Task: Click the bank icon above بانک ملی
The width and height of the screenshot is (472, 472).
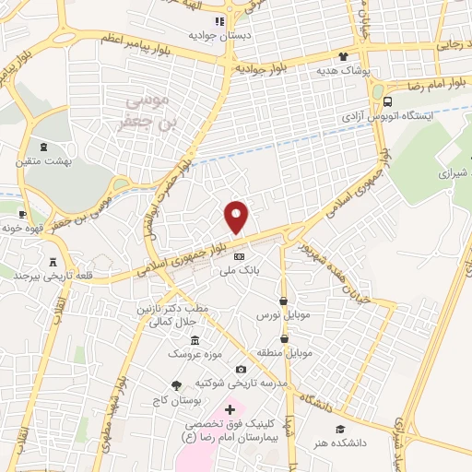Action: click(x=239, y=256)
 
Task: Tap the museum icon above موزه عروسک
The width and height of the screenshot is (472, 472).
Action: click(x=195, y=341)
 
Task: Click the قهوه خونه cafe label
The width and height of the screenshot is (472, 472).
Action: click(x=24, y=226)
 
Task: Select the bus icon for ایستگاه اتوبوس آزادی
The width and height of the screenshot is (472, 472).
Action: click(x=387, y=102)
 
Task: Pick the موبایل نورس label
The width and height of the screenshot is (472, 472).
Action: click(x=280, y=314)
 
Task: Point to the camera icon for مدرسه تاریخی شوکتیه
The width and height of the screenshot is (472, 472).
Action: click(x=242, y=370)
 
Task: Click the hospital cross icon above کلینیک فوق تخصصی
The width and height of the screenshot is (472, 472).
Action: click(x=230, y=407)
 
